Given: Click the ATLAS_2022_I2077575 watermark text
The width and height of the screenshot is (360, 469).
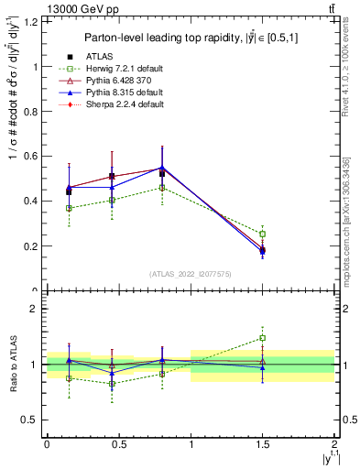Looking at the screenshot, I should (191, 274).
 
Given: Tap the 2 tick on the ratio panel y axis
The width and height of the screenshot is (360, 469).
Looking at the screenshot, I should (37, 309).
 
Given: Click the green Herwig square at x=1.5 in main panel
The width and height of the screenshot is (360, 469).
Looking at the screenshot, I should (263, 234).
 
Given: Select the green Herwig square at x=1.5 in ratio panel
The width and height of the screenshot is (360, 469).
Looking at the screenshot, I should (263, 338).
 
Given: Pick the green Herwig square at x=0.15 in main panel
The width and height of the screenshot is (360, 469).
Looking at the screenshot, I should (69, 208).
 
